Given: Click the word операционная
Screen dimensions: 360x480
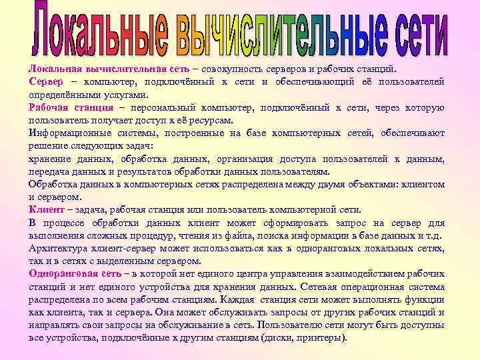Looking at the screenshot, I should coord(372,287).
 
